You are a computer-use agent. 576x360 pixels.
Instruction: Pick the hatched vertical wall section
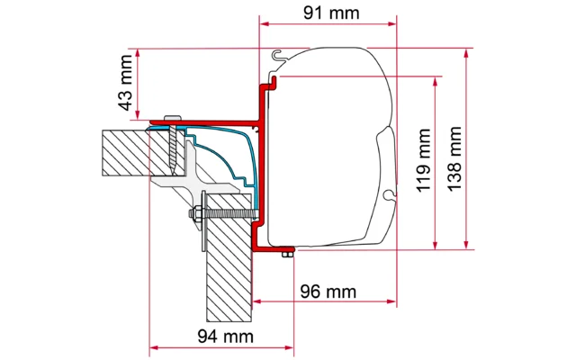coord(229,270)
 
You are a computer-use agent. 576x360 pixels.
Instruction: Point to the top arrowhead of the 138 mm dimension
coord(466,52)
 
